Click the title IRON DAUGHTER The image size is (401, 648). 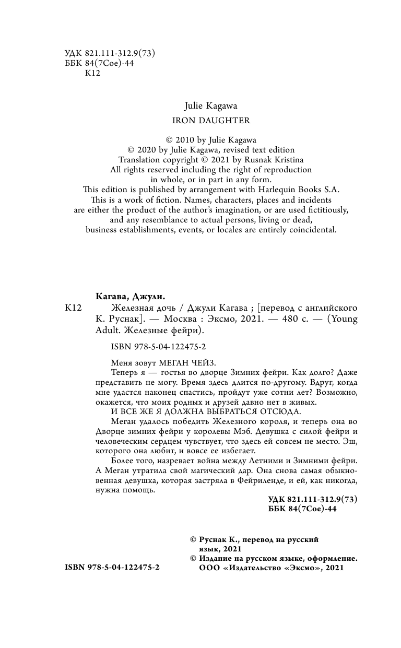211,120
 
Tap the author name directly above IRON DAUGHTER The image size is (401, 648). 211,105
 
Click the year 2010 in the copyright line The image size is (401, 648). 191,139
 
